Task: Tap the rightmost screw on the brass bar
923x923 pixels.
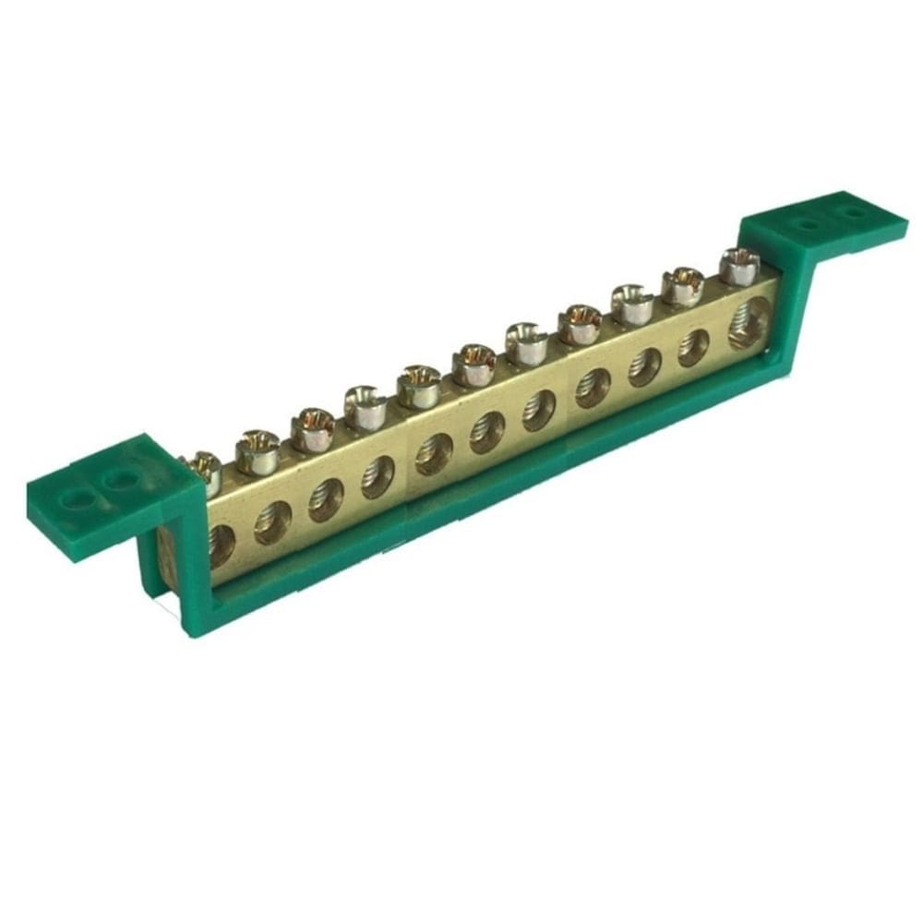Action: point(738,265)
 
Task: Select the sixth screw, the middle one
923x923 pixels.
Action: point(473,363)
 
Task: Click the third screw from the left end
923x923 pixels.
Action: point(312,427)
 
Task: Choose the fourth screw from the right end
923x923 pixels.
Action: point(580,323)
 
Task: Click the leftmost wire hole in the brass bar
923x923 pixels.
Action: point(221,545)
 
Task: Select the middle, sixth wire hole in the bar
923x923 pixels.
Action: point(486,431)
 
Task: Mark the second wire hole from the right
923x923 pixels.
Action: point(693,348)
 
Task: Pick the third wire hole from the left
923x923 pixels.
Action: point(326,499)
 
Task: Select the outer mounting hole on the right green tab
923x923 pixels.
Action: point(854,213)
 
